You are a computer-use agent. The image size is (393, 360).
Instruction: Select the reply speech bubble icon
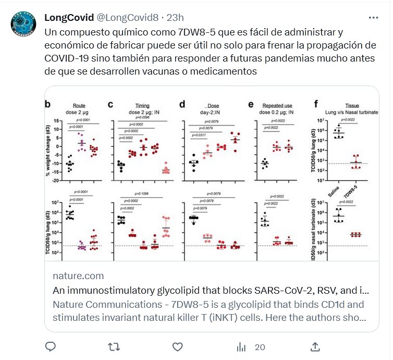click(x=51, y=346)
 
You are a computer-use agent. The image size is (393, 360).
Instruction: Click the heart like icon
click(x=177, y=346)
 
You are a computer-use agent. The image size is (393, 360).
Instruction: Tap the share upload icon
click(x=315, y=346)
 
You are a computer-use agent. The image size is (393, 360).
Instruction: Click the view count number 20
click(x=260, y=347)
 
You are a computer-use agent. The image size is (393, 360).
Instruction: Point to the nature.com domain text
click(x=79, y=276)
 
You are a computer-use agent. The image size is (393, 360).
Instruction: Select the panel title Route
click(x=79, y=105)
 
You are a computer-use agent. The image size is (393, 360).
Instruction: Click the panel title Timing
click(x=141, y=105)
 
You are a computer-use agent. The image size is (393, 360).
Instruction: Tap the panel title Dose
click(x=213, y=105)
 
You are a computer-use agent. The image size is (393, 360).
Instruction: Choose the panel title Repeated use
click(x=277, y=105)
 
